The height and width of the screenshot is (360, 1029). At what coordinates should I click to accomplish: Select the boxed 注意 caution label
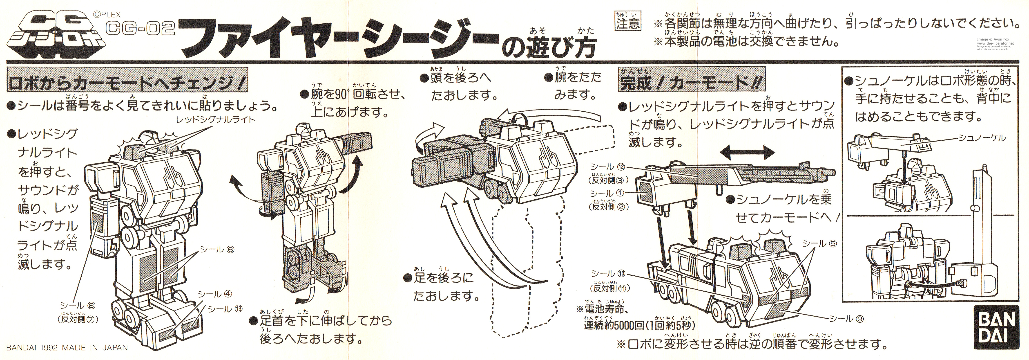627,22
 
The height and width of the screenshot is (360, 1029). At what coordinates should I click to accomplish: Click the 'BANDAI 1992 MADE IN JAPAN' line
67,348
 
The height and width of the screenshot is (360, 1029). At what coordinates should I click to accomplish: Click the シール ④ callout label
215,294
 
